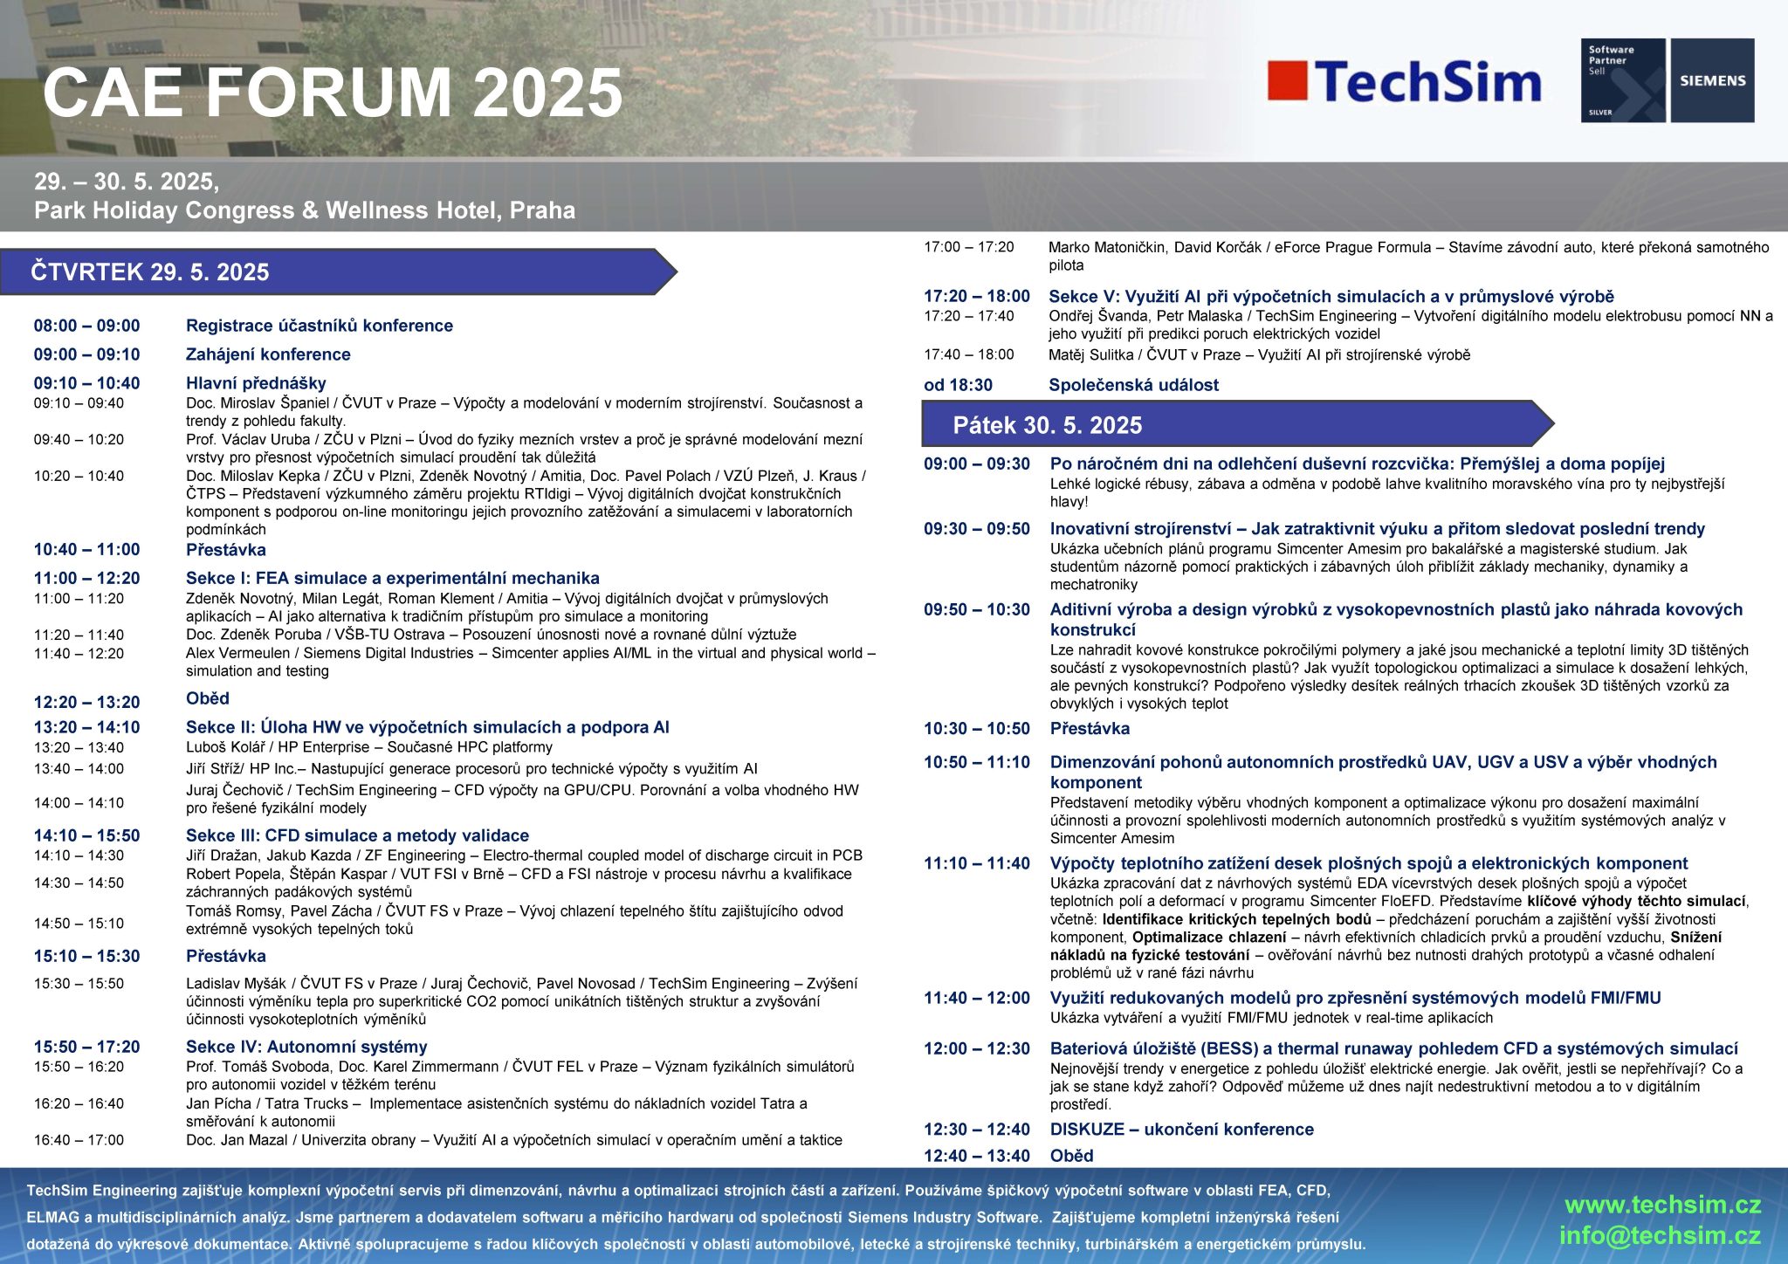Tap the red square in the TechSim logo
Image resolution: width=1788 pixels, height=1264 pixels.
(1287, 80)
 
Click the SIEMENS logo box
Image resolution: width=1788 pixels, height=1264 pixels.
(1712, 80)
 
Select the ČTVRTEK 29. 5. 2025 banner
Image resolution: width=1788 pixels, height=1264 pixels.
(338, 271)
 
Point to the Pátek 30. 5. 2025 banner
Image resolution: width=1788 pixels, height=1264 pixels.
(1238, 424)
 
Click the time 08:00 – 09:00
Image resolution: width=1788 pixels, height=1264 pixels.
(87, 326)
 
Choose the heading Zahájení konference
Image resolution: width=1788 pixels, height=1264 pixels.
(268, 354)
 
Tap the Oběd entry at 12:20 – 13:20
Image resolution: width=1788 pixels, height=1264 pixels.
(208, 698)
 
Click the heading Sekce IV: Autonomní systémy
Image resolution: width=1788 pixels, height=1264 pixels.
(306, 1047)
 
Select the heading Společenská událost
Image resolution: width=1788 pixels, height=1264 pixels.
(1133, 385)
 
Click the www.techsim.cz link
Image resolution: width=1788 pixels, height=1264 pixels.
(1662, 1206)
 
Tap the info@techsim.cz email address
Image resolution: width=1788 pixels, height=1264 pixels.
(1660, 1236)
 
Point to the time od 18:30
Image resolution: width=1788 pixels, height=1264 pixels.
(958, 385)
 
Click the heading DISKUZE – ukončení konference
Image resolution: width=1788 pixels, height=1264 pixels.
(1181, 1129)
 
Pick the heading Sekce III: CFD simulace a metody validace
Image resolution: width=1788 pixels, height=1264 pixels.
(357, 835)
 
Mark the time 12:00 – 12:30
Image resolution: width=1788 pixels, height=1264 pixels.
(977, 1048)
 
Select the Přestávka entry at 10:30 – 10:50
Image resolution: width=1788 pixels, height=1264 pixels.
(1090, 728)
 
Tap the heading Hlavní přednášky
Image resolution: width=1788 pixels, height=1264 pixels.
(256, 383)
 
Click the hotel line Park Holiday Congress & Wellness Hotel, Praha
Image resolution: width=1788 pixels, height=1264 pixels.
(305, 210)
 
